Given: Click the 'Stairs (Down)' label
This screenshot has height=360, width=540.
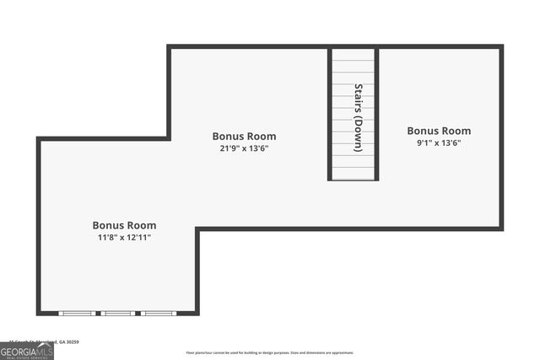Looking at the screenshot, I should click(359, 117).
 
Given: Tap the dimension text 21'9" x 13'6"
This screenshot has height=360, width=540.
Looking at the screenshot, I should click(244, 148).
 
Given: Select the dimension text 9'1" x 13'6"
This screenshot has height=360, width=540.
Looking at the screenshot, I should click(439, 142).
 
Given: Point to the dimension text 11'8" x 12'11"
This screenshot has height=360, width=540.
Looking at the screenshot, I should click(124, 237).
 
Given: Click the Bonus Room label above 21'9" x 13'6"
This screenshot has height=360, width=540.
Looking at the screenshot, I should click(244, 136).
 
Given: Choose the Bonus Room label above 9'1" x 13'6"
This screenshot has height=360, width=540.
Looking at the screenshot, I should click(439, 131).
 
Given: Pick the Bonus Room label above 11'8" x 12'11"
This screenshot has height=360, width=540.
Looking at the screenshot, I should click(124, 225).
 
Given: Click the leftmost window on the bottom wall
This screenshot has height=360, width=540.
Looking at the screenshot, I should click(77, 314).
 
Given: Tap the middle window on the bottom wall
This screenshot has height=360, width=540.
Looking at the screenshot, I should click(117, 314).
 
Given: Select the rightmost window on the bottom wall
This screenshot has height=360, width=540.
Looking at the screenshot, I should click(158, 314).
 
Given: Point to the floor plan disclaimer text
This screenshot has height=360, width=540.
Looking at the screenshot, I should click(270, 352).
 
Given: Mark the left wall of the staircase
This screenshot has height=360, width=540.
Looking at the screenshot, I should click(330, 114).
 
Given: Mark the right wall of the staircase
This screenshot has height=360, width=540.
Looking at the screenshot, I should click(376, 114).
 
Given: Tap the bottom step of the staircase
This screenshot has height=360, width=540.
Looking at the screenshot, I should click(353, 174).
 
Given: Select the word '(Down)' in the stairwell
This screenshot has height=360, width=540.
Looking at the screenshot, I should click(359, 133).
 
